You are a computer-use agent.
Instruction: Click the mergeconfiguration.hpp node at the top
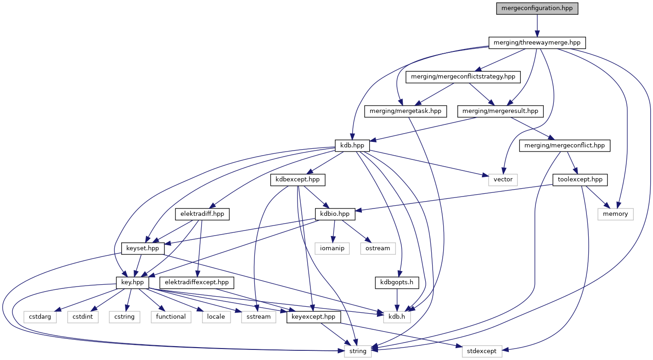[x=537, y=9]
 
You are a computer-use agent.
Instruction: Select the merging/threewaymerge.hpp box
[x=537, y=43]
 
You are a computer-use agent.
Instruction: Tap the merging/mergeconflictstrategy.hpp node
[x=463, y=77]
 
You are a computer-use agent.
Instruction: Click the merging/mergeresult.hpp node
[x=500, y=111]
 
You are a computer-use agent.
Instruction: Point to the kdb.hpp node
[x=352, y=146]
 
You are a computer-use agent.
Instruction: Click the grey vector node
[x=503, y=180]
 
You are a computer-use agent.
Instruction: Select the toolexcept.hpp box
[x=580, y=180]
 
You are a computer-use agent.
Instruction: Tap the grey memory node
[x=615, y=214]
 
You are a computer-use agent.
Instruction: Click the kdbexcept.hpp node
[x=298, y=180]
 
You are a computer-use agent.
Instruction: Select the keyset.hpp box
[x=142, y=248]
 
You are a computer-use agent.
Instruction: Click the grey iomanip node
[x=332, y=248]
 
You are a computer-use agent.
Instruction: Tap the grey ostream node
[x=378, y=248]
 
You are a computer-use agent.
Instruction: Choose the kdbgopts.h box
[x=397, y=283]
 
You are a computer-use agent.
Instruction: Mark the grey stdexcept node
[x=482, y=351]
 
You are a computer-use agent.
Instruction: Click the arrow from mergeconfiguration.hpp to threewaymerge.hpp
[x=537, y=26]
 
